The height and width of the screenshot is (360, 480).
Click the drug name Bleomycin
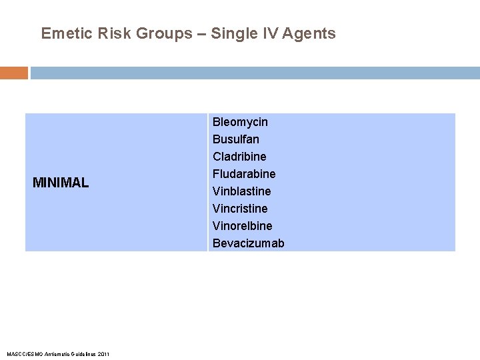240,122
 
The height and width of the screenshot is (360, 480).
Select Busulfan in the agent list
236,139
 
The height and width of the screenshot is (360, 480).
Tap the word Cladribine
239,157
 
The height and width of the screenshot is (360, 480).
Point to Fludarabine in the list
244,174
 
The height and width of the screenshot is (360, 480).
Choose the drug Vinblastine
242,191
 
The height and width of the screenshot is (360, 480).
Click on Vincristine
240,209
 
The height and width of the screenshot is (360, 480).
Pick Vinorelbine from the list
243,226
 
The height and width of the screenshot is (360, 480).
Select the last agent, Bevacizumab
248,243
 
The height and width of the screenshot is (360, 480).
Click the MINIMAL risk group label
61,183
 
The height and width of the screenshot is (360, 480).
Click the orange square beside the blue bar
13,73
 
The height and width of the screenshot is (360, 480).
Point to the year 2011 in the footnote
103,353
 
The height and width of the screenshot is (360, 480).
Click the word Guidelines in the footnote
81,353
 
